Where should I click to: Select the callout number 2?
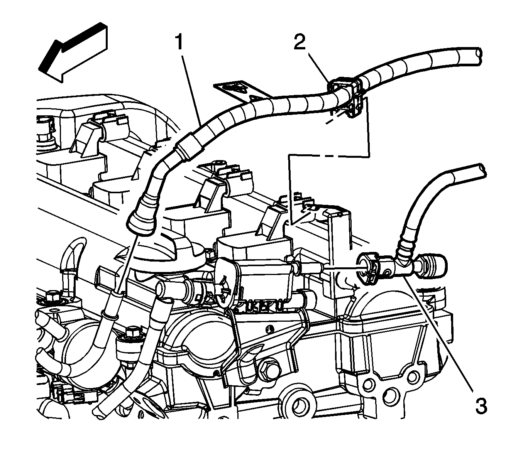(300, 43)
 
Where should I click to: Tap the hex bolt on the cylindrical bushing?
(133, 332)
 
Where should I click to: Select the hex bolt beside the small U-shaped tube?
(51, 297)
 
